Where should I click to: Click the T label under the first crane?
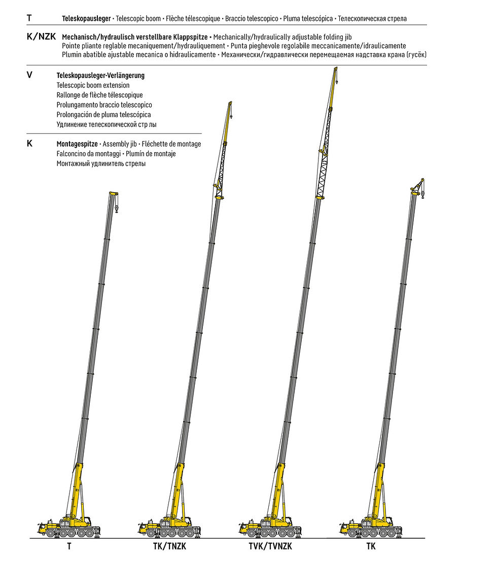(69, 546)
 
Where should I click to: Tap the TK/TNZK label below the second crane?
(170, 546)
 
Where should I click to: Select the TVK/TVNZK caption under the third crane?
(270, 546)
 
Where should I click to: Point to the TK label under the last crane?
(371, 546)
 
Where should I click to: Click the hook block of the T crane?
(117, 208)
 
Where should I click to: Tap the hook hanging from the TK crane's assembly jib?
(422, 195)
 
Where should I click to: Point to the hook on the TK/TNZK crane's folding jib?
(231, 116)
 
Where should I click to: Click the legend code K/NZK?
(42, 37)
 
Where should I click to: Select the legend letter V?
(29, 75)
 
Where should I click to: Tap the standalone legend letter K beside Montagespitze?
(29, 144)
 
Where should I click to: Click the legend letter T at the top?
(29, 18)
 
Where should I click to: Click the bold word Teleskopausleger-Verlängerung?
(100, 75)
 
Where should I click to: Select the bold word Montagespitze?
(77, 144)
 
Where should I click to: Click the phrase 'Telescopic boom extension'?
(93, 85)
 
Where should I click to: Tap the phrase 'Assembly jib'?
(120, 144)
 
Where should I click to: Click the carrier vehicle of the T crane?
(69, 527)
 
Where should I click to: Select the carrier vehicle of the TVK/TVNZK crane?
(270, 527)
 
